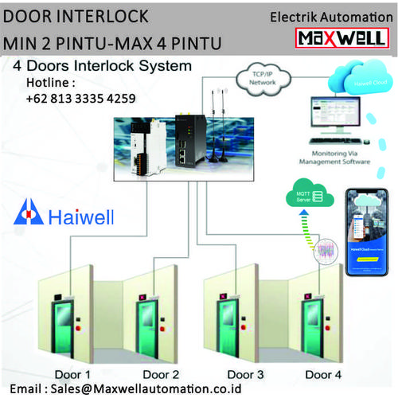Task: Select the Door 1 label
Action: (72, 373)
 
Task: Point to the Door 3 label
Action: (245, 373)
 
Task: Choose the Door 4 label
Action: (326, 373)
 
